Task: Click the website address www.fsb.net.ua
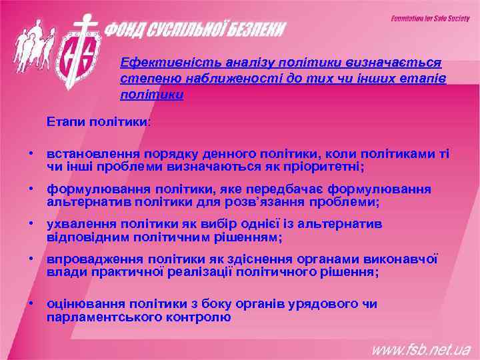(x=421, y=349)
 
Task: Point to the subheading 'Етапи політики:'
(x=99, y=123)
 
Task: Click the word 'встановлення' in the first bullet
(x=87, y=154)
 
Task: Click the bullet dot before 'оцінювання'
(x=31, y=304)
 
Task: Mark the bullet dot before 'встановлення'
(x=31, y=153)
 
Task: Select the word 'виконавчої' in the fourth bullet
(x=405, y=260)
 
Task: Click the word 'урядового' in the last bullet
(x=313, y=305)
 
